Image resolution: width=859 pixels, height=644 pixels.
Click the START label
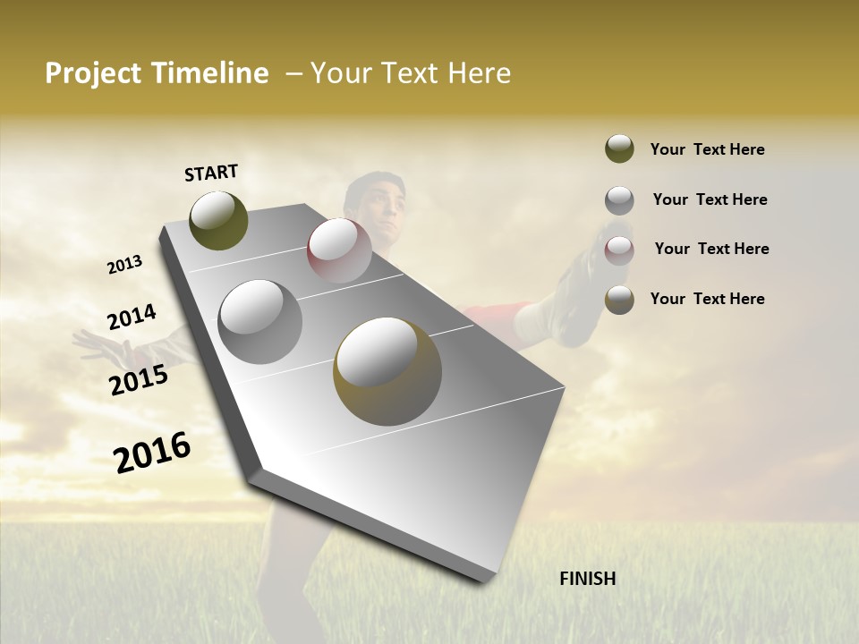pos(211,172)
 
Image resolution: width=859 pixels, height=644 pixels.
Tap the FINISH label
pos(587,579)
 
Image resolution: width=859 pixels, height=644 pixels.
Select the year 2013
pos(125,264)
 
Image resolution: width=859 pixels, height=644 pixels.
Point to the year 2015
pos(139,380)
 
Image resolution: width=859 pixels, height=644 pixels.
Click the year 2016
pos(152,452)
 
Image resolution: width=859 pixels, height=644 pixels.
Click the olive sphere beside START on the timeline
pos(218,220)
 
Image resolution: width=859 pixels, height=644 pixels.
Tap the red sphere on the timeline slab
pos(339,250)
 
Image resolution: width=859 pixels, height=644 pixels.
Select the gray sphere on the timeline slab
pos(260,321)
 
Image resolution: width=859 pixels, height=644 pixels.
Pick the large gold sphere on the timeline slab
pos(387,371)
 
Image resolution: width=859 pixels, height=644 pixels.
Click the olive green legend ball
pos(619,149)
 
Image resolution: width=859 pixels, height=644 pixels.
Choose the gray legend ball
pos(619,199)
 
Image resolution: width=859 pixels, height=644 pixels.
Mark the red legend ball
pos(619,250)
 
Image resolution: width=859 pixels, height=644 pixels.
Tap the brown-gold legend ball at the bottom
pos(619,300)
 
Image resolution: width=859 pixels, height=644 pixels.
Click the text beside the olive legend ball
pos(707,149)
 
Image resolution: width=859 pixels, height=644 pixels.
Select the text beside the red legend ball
pos(711,249)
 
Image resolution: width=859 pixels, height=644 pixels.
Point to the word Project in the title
pos(92,73)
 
